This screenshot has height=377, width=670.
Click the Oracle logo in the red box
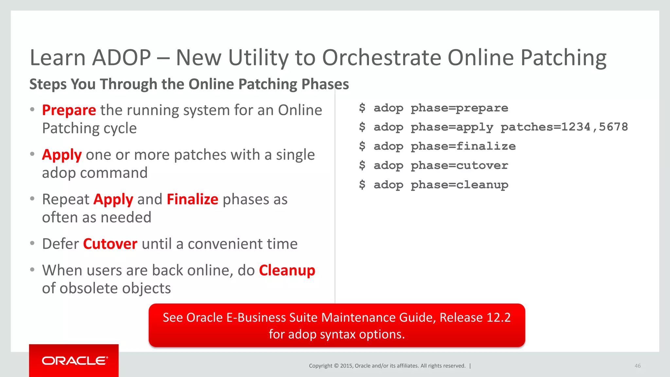click(75, 361)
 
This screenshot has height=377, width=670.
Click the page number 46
click(637, 366)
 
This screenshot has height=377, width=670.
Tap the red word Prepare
click(69, 110)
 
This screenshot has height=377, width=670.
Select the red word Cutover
click(110, 244)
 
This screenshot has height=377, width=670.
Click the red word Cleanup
click(287, 271)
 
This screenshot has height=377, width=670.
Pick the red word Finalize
click(192, 200)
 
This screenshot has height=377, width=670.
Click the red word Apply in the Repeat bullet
click(113, 200)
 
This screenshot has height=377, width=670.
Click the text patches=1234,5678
click(564, 127)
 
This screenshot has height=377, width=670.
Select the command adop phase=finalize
click(444, 146)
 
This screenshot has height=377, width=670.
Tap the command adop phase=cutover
click(441, 166)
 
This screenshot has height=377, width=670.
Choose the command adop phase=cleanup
click(441, 185)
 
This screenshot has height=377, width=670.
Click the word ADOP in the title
click(121, 58)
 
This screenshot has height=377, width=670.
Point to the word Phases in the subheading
click(325, 84)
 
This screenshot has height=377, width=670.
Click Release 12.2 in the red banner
click(475, 317)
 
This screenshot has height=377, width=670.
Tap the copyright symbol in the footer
click(336, 366)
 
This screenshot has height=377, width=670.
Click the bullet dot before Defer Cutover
click(32, 243)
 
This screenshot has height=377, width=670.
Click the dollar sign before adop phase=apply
click(362, 127)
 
